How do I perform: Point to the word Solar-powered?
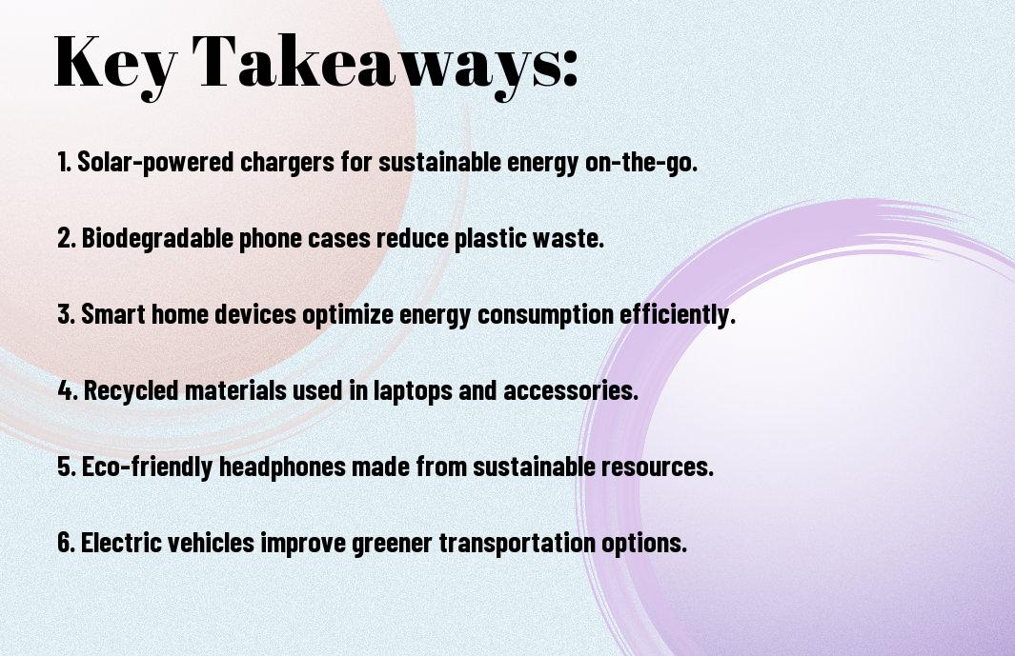point(155,163)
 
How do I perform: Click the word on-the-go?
point(641,163)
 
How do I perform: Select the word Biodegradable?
point(157,239)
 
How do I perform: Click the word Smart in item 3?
point(112,314)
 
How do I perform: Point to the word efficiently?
point(678,315)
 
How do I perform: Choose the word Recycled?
point(131,390)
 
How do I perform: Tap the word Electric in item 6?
point(121,542)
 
